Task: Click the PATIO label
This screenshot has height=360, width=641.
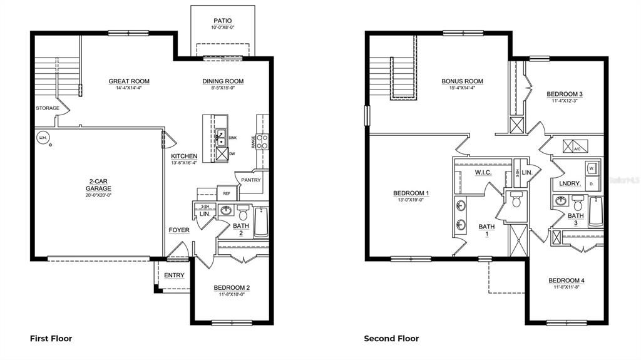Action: pos(223,21)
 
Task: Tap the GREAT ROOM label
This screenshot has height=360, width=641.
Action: pos(129,81)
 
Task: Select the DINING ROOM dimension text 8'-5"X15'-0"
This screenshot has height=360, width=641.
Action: pos(223,88)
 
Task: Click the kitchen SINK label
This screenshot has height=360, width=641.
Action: pos(233,138)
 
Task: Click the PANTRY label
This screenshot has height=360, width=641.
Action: pos(251,180)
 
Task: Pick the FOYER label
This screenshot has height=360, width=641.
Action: pos(179,230)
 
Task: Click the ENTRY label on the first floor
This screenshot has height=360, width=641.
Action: pos(174,276)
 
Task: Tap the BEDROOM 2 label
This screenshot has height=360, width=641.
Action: pos(232,288)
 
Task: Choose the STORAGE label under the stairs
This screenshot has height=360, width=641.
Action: pos(48,108)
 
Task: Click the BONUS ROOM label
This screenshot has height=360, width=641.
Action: pos(463,81)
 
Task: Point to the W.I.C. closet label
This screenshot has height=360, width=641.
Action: pos(483,172)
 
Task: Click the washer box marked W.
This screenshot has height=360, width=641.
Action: pos(590,168)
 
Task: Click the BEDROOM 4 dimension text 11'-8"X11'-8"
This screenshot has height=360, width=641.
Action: pos(566,287)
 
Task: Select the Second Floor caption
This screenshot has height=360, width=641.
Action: pos(391,339)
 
